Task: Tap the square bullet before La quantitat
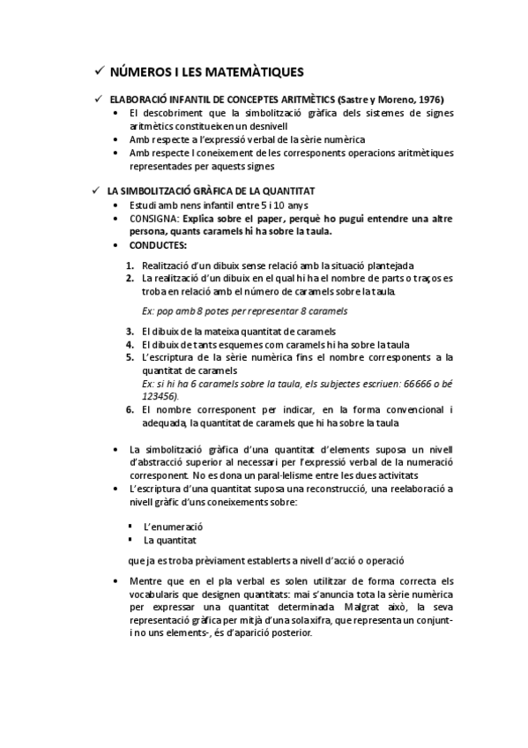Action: click(x=130, y=540)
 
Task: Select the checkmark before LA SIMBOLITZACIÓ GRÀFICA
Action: click(x=98, y=191)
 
